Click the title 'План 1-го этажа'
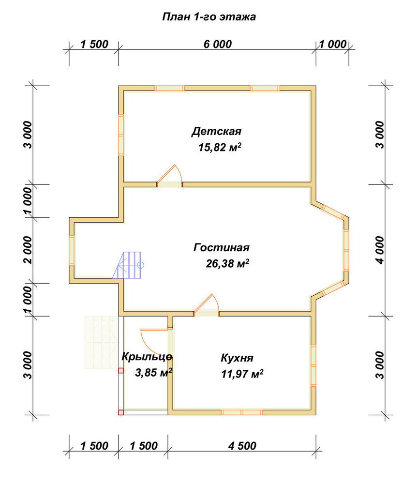tap(209, 16)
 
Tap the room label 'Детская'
tap(216, 132)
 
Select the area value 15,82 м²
tap(219, 148)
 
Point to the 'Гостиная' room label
tap(221, 247)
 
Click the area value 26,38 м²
tap(227, 264)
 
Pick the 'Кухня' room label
tap(237, 358)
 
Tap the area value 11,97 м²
tap(242, 374)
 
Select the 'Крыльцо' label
tap(147, 357)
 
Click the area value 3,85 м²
tap(153, 373)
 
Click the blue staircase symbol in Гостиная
tap(127, 265)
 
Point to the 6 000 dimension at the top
tap(218, 44)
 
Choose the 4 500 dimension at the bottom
tap(242, 446)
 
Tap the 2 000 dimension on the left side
tap(28, 250)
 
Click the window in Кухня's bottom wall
tap(242, 412)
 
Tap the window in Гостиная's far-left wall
tap(72, 250)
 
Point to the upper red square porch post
tap(121, 371)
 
